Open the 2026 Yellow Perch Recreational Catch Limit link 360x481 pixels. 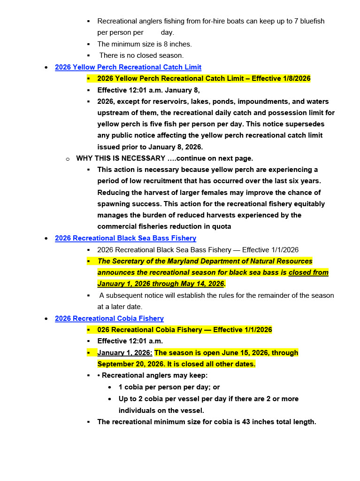click(x=128, y=67)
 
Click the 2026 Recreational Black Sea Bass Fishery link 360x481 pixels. click(x=125, y=238)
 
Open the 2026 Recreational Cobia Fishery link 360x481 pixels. click(x=109, y=318)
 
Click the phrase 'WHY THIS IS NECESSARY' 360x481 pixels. click(x=121, y=158)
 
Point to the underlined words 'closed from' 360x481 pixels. click(x=308, y=272)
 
